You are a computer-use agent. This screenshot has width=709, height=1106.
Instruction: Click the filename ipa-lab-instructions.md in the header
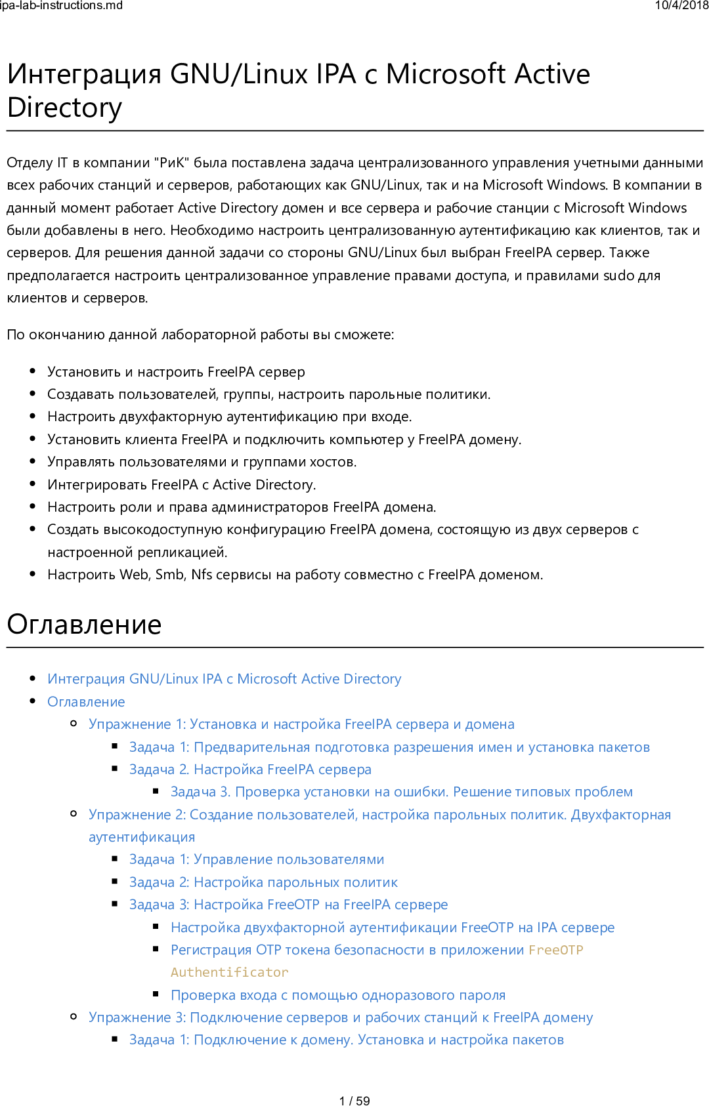(61, 6)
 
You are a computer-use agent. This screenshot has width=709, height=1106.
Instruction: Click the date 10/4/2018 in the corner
(681, 6)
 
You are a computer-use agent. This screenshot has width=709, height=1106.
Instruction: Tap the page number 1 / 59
(354, 1101)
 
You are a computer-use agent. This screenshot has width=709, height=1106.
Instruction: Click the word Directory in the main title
(64, 108)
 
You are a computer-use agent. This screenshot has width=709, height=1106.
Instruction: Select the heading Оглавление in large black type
(84, 625)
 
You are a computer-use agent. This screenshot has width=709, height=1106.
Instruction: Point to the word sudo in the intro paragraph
(619, 276)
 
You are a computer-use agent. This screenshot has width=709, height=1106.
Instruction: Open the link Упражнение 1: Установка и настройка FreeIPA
(301, 724)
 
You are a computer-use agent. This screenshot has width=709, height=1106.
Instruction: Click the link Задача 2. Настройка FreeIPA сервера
(250, 769)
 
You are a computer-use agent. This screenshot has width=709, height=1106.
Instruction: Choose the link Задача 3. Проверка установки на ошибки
(401, 792)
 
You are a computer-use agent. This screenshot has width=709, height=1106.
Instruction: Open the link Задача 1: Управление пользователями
(257, 859)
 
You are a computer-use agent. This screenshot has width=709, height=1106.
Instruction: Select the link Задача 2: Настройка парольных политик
(263, 882)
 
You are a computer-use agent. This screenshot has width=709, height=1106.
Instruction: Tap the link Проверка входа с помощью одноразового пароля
(338, 995)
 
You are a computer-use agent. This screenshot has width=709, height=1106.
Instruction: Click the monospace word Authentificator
(229, 972)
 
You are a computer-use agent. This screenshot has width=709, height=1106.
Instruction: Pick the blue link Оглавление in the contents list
(86, 702)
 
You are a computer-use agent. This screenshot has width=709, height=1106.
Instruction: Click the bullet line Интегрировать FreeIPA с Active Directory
(182, 485)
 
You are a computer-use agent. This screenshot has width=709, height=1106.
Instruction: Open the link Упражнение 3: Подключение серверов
(341, 1017)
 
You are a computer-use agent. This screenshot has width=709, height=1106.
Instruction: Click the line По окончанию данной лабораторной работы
(200, 335)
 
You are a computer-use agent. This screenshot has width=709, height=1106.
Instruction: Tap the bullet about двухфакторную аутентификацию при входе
(230, 417)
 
